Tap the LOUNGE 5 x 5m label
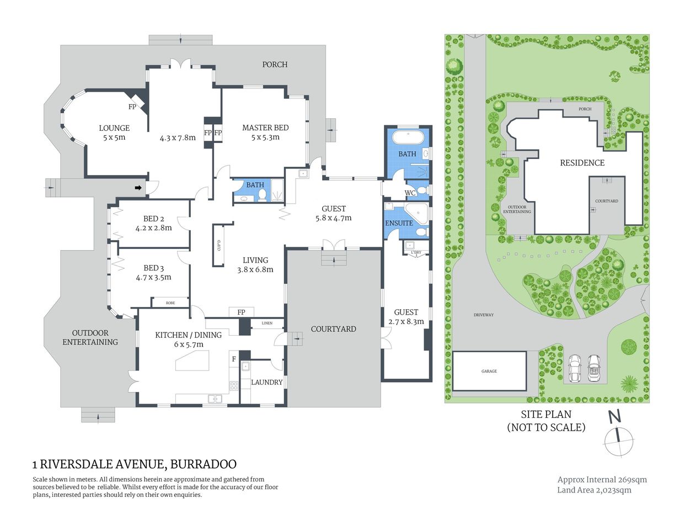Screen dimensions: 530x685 point(114,132)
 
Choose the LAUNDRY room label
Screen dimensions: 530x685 point(266,382)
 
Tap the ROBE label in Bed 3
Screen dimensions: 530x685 point(170,303)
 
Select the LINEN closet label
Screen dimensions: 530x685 point(267,323)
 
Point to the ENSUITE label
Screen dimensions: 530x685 point(399,223)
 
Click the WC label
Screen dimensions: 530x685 point(410,193)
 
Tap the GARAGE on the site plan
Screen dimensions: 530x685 point(489,371)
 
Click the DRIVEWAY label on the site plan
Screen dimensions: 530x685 point(483,315)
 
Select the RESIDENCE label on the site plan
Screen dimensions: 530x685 point(582,163)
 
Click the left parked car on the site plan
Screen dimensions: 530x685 point(575,367)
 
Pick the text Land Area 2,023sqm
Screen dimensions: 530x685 point(594,490)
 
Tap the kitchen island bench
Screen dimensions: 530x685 point(196,362)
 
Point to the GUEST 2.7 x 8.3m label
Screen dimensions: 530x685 point(406,316)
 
